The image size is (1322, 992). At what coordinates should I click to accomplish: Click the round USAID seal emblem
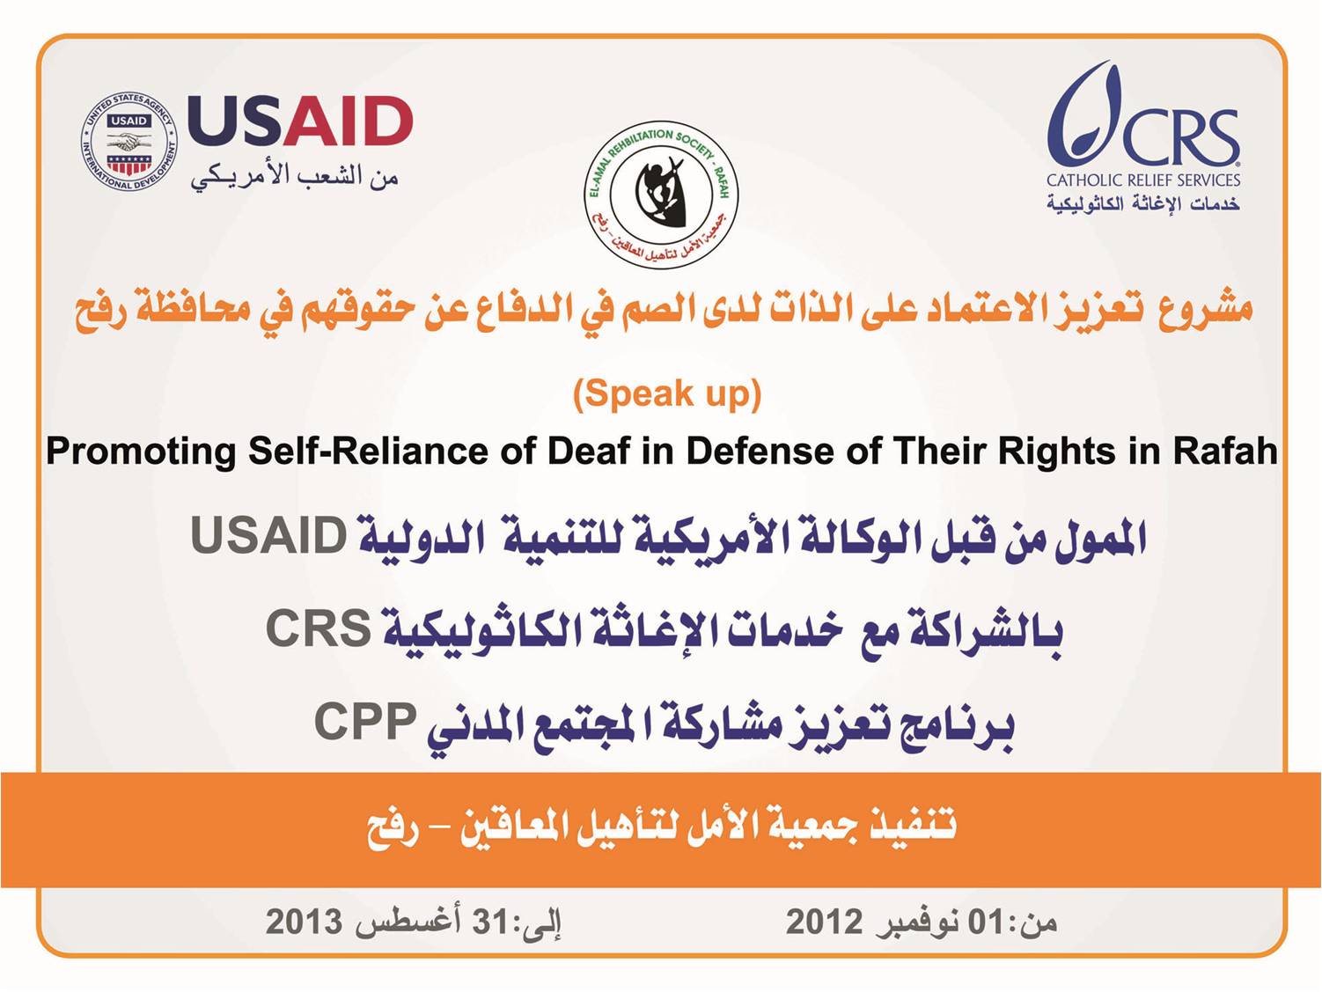tap(129, 142)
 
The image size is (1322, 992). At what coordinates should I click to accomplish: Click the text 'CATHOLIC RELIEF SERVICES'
tap(1143, 180)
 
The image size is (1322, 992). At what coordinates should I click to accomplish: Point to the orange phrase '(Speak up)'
tap(667, 395)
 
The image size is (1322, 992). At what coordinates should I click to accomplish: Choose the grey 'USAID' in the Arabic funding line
tap(268, 535)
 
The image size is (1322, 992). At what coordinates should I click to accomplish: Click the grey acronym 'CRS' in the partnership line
tap(318, 628)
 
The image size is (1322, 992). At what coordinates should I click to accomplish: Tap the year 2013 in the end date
tap(304, 922)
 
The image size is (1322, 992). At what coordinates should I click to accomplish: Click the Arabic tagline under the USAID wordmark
tap(295, 175)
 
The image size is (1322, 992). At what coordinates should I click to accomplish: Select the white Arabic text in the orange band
tap(661, 829)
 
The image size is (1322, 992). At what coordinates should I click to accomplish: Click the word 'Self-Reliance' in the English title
tap(367, 450)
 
